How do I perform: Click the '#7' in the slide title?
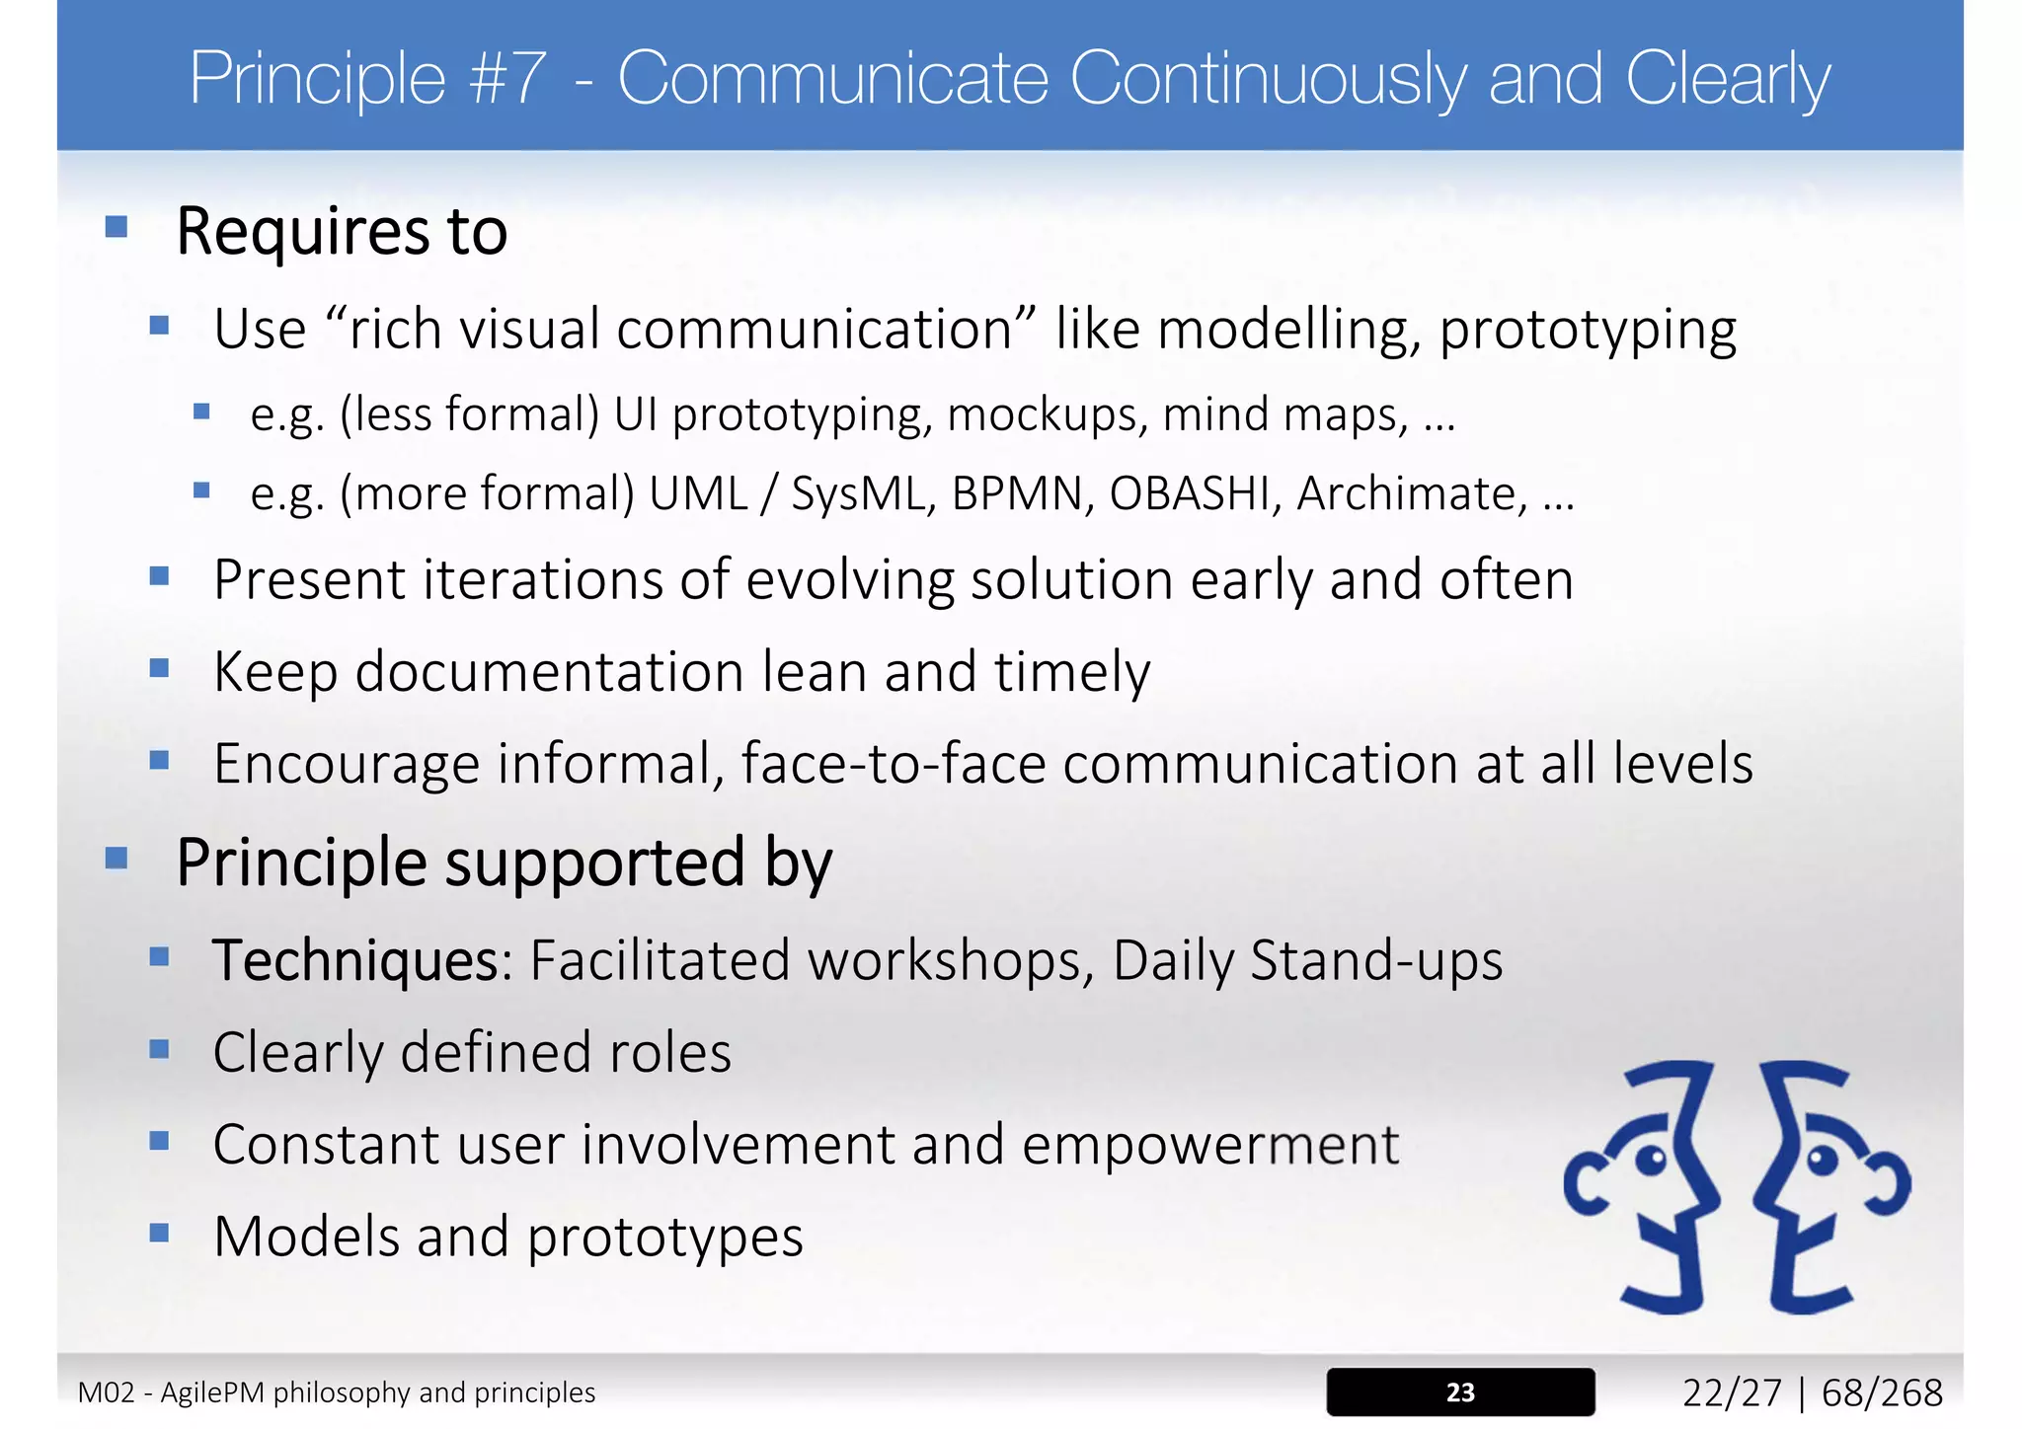point(507,79)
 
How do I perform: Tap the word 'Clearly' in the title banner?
point(1728,79)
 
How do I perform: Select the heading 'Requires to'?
point(342,231)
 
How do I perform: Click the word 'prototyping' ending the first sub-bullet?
point(1588,330)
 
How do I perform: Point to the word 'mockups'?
point(1048,414)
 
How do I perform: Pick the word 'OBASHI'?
point(1190,493)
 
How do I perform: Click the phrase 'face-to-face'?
point(894,764)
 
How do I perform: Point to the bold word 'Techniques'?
point(356,960)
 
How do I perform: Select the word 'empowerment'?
point(1210,1145)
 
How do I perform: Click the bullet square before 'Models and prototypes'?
point(160,1233)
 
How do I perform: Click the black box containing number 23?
point(1460,1391)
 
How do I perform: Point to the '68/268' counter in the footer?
point(1882,1392)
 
